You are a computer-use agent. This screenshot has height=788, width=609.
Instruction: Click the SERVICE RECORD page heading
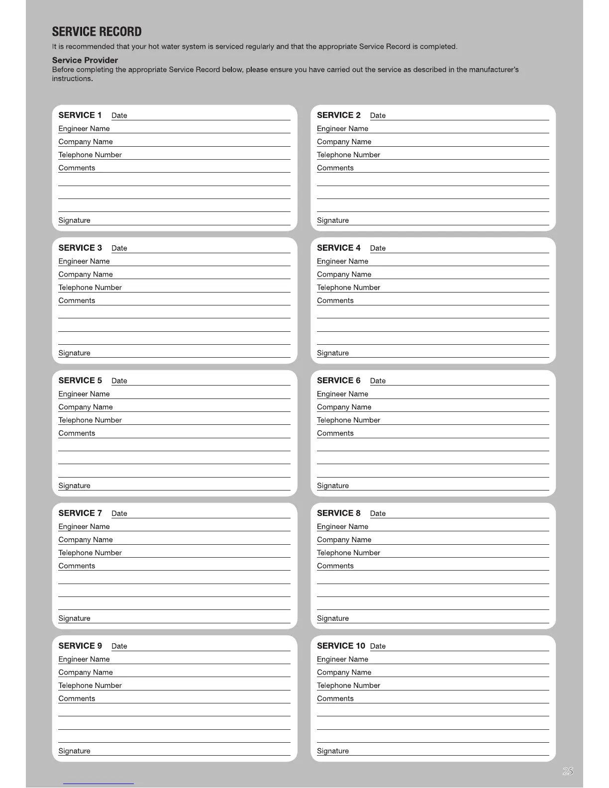97,32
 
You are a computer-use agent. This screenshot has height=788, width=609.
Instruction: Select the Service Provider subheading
85,60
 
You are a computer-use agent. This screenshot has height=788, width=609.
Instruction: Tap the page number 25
568,771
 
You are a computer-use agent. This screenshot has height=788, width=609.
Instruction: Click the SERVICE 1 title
80,115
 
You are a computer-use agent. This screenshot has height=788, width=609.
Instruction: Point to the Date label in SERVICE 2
378,115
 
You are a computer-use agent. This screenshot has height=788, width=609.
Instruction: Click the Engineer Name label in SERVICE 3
84,261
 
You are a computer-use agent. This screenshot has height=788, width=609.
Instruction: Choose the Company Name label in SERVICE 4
344,274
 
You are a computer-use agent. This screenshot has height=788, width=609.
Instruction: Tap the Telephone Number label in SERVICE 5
90,420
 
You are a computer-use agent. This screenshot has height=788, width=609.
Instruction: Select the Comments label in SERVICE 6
335,433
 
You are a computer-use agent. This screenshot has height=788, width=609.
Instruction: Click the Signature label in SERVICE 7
74,618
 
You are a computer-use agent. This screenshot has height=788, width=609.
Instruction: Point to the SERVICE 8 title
339,513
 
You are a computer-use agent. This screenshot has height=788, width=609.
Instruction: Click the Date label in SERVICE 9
119,646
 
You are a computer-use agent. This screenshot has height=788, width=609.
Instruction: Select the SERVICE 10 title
341,646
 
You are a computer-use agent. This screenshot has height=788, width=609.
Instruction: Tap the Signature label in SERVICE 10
333,751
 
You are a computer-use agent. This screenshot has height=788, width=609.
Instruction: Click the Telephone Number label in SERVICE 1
90,155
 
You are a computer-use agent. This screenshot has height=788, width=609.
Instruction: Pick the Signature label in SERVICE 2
333,220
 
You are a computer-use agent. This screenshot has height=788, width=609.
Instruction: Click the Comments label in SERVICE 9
77,698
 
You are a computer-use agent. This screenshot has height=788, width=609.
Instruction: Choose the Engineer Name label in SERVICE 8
343,526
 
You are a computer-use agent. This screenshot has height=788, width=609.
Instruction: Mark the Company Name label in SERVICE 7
86,540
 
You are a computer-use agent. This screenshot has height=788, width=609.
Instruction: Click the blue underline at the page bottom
99,784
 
